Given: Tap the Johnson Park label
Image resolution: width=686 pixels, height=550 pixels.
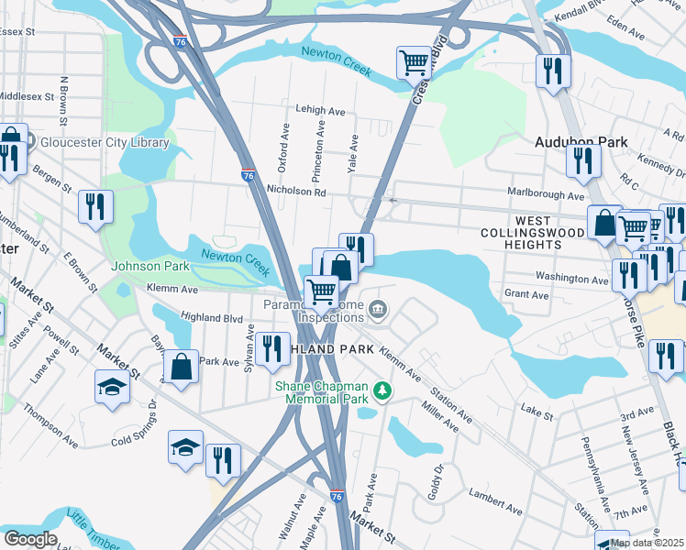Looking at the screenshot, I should (x=149, y=267).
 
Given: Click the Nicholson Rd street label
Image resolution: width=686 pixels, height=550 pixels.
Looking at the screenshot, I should (x=295, y=192).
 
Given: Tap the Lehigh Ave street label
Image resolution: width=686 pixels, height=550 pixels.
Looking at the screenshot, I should (x=320, y=110).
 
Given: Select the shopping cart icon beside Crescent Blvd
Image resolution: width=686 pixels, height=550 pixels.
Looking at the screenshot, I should (x=414, y=63).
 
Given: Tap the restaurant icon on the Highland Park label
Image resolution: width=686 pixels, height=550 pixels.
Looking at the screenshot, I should (x=272, y=349).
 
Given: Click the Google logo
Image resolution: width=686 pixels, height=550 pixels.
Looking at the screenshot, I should (x=31, y=538).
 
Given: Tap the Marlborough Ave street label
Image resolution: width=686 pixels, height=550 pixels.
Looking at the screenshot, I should (x=546, y=194).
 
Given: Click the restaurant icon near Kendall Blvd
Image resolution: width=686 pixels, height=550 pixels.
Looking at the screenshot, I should (x=553, y=71).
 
